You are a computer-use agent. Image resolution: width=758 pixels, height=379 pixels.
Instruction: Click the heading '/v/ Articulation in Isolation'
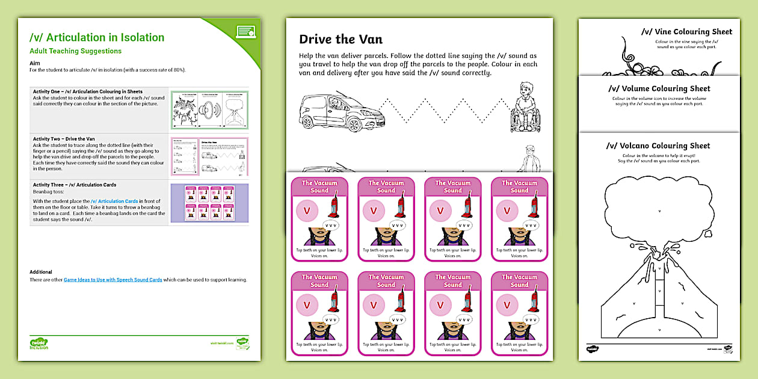[x=97, y=37]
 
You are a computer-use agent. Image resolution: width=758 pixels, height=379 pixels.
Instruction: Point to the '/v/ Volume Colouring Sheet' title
[x=659, y=88]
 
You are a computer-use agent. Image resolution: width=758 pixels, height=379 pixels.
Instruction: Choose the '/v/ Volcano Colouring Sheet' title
[x=658, y=146]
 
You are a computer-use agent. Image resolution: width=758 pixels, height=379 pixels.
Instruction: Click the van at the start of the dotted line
[x=333, y=111]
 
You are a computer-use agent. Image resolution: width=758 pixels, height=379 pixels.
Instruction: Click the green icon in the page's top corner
[x=245, y=31]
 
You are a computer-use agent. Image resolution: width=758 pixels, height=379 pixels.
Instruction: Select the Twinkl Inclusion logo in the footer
[x=39, y=343]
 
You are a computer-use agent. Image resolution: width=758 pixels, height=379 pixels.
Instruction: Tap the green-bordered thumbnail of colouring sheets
[x=209, y=109]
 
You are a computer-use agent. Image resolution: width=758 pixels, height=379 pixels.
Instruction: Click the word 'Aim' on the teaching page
[x=34, y=63]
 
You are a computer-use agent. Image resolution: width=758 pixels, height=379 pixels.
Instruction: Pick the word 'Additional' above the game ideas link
[x=41, y=272]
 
